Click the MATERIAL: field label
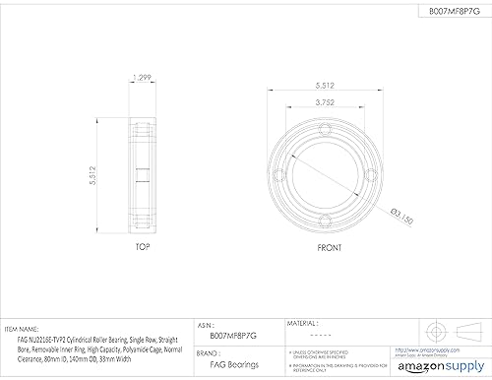pos(303,322)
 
